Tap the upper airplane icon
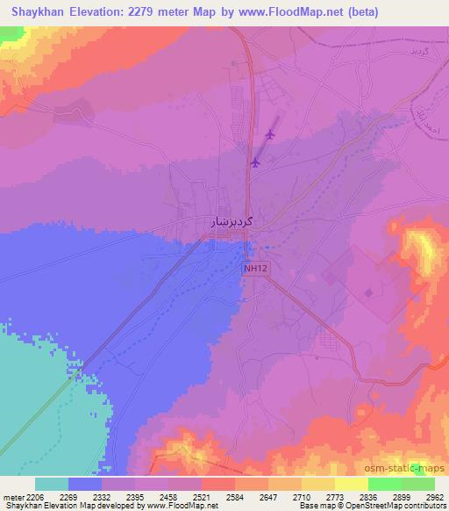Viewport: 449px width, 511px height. [269, 134]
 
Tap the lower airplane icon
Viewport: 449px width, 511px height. [255, 162]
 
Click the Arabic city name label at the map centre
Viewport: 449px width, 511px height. [232, 222]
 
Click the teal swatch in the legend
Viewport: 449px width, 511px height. [52, 484]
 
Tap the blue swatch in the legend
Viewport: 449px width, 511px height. [85, 484]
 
